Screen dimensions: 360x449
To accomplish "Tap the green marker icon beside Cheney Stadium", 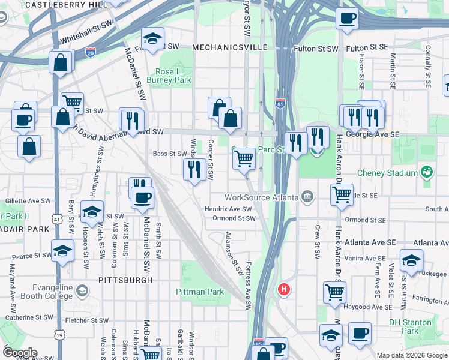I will click(x=427, y=173).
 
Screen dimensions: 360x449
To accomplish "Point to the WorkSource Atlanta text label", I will click(x=261, y=197).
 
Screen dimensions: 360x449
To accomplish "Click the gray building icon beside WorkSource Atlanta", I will click(x=307, y=197).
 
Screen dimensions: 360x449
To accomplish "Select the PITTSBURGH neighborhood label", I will click(x=125, y=280).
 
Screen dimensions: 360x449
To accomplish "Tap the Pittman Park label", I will click(x=200, y=292).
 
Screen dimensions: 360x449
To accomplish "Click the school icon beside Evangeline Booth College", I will click(x=82, y=291).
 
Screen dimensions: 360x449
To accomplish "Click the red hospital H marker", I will click(x=284, y=290).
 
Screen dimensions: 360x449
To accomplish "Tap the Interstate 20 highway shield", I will click(x=91, y=52).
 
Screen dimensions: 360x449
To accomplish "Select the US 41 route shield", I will click(x=56, y=220).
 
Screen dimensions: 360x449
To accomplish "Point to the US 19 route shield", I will click(x=58, y=333).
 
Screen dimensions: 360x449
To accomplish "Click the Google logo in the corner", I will click(x=19, y=353).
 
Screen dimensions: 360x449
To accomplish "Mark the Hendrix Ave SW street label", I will click(x=228, y=209).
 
